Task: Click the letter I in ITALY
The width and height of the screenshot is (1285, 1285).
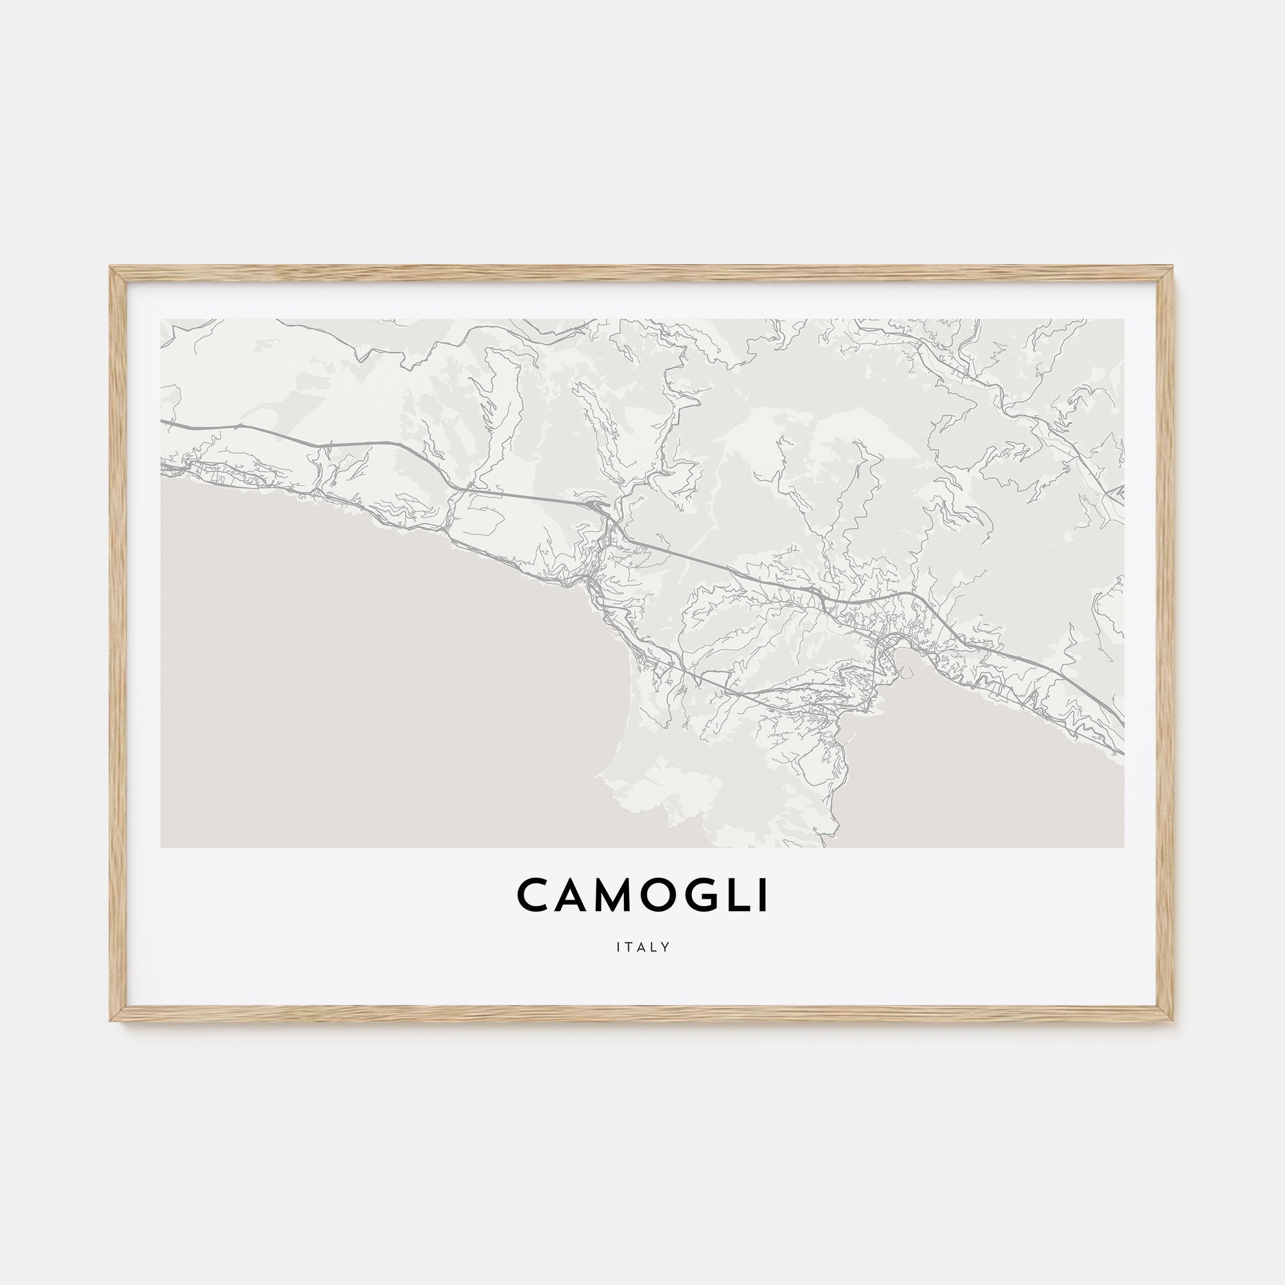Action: pos(618,947)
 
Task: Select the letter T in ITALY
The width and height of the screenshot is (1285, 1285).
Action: pos(628,947)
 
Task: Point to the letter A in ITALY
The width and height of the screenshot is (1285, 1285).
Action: pos(641,947)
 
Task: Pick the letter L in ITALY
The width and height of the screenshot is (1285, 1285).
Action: pos(653,947)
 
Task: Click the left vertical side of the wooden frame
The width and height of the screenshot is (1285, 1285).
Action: pos(118,642)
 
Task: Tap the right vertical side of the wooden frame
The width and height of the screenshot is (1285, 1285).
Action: pos(1166,642)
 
